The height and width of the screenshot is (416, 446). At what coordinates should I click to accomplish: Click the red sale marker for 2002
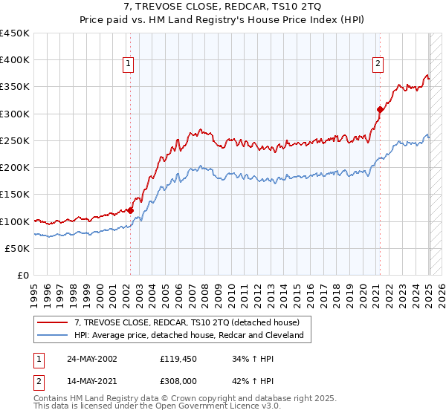(x=130, y=210)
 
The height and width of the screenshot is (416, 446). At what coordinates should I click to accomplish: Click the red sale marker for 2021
(x=380, y=109)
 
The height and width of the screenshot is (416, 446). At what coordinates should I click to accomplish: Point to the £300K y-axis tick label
(x=15, y=114)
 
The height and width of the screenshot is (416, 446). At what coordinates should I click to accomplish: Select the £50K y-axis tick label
(x=18, y=248)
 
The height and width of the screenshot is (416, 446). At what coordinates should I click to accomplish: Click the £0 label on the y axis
(x=23, y=275)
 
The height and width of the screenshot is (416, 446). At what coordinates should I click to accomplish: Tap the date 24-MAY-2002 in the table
(x=91, y=359)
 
